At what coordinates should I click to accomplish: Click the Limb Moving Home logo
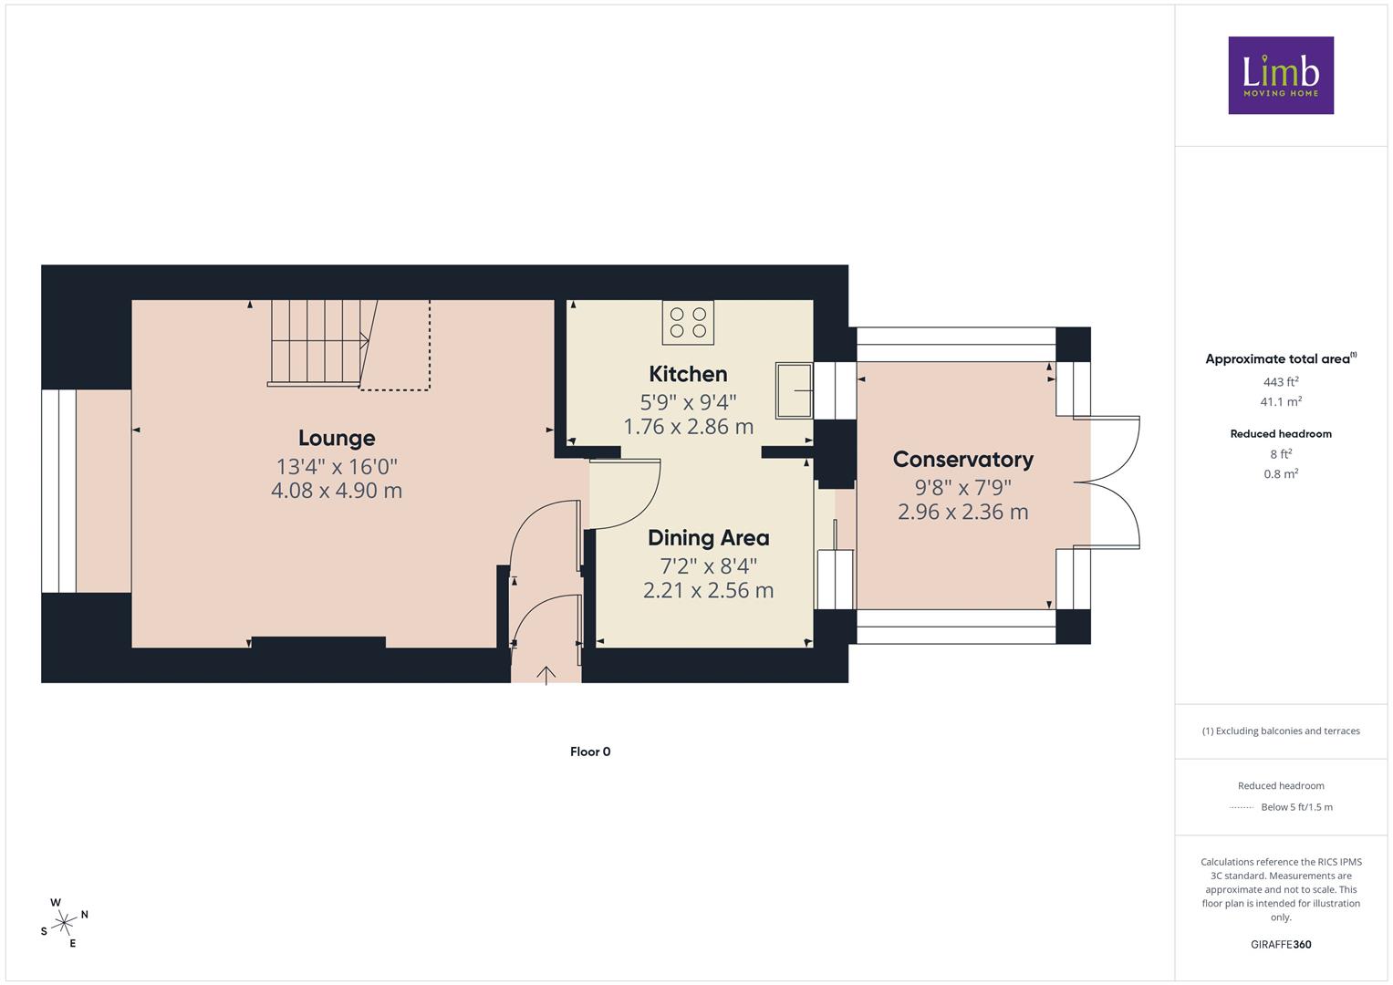click(1281, 75)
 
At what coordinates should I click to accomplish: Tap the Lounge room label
click(337, 438)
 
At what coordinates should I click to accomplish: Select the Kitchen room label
click(688, 374)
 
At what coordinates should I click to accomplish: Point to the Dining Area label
click(708, 538)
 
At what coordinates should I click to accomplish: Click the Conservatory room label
click(962, 460)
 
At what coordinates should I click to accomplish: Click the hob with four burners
click(688, 322)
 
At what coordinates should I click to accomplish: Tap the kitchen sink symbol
click(795, 390)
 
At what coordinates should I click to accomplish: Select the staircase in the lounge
click(323, 343)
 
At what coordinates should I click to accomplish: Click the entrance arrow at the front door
click(546, 675)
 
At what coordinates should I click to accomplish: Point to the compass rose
click(64, 923)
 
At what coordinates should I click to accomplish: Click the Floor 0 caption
click(590, 752)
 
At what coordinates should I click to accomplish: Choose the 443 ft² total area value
click(1281, 382)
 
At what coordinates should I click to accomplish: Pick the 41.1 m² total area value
click(1281, 401)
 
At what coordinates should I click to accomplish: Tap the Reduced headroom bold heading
click(1281, 434)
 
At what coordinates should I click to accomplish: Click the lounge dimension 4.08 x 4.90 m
click(337, 491)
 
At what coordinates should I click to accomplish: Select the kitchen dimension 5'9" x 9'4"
click(688, 402)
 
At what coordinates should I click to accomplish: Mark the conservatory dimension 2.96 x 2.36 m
click(962, 512)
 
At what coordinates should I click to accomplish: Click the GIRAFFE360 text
click(1281, 945)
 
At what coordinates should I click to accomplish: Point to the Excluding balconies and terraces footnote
click(1281, 731)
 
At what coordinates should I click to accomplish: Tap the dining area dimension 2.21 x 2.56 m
click(708, 590)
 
